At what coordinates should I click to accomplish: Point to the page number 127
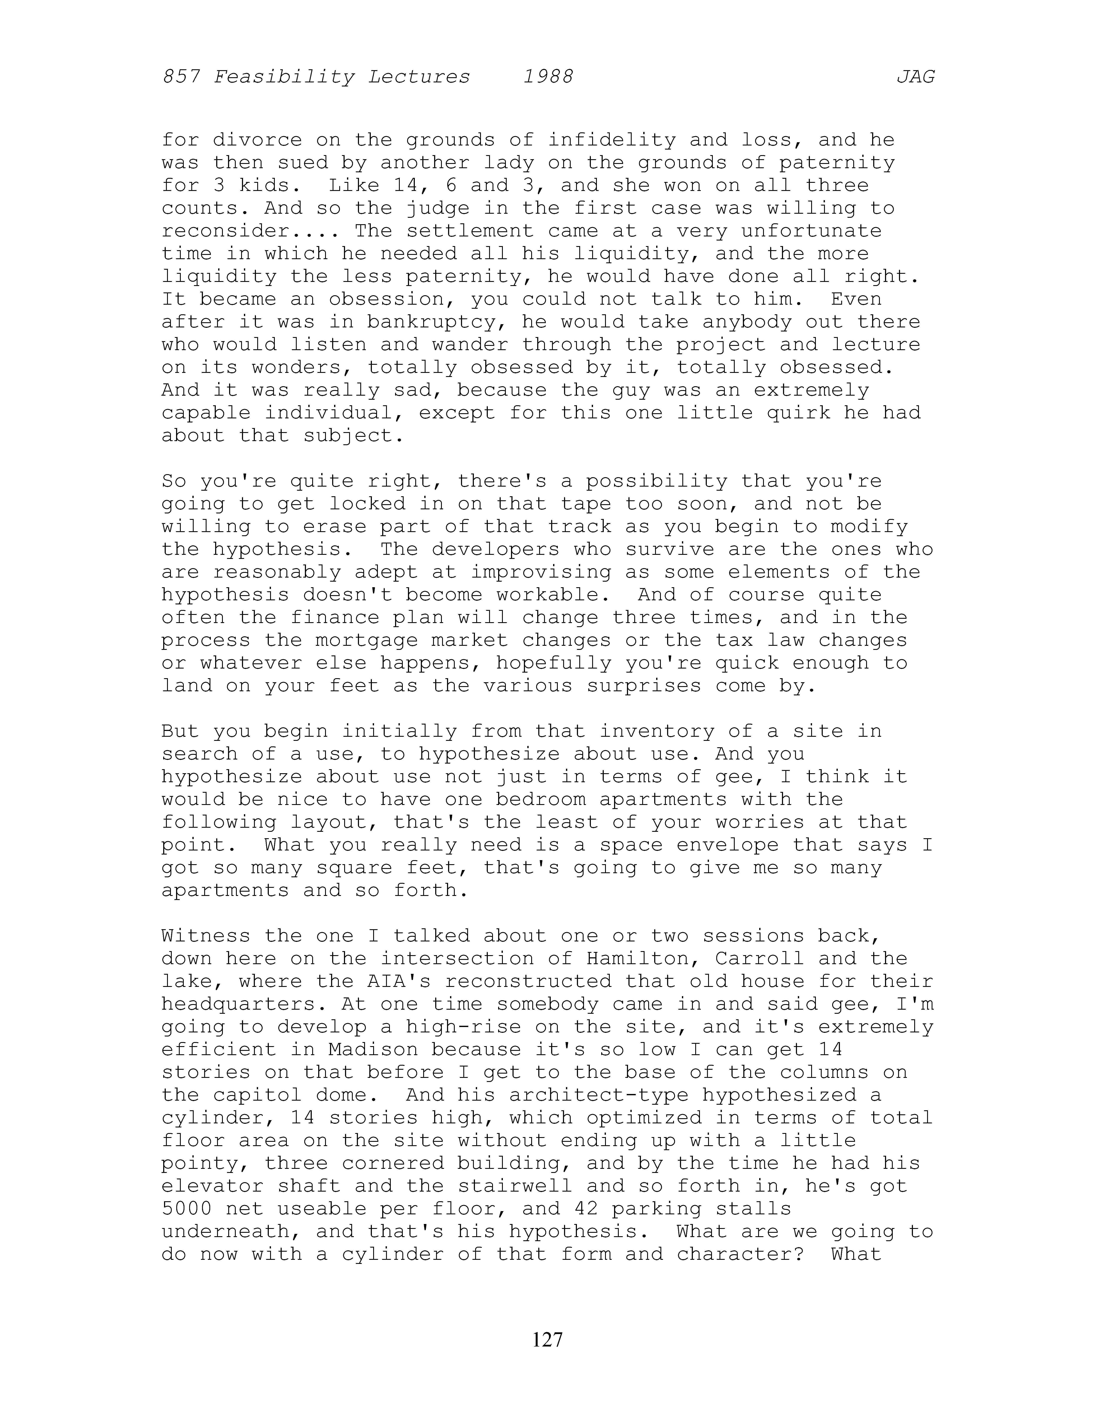(x=547, y=1339)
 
